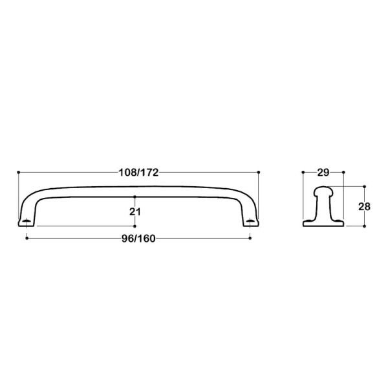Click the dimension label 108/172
pos(137,173)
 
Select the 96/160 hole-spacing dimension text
pos(138,237)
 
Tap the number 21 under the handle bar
pos(135,211)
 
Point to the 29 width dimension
pos(323,173)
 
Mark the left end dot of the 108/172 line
pos(19,172)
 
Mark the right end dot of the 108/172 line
pos(259,172)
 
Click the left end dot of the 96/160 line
pos(26,238)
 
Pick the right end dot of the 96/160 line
pos(251,238)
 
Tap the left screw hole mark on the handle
pos(26,222)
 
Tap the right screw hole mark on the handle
pos(251,222)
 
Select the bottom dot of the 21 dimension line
pos(135,226)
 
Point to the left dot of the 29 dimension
pos(303,172)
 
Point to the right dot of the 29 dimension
pos(344,172)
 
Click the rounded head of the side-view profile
pos(323,191)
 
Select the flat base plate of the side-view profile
pos(323,224)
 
